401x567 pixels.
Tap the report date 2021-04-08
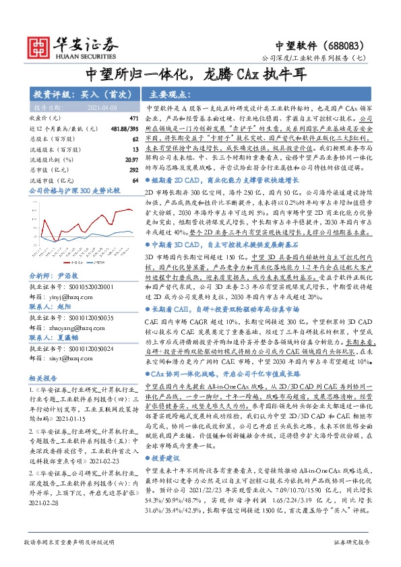pyautogui.click(x=102, y=107)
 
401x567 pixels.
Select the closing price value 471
pyautogui.click(x=133, y=119)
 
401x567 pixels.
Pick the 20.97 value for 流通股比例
pyautogui.click(x=131, y=159)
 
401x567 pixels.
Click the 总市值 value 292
pyautogui.click(x=133, y=169)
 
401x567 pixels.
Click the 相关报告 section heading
pyautogui.click(x=43, y=377)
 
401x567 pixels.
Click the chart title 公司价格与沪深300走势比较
pyautogui.click(x=74, y=191)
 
